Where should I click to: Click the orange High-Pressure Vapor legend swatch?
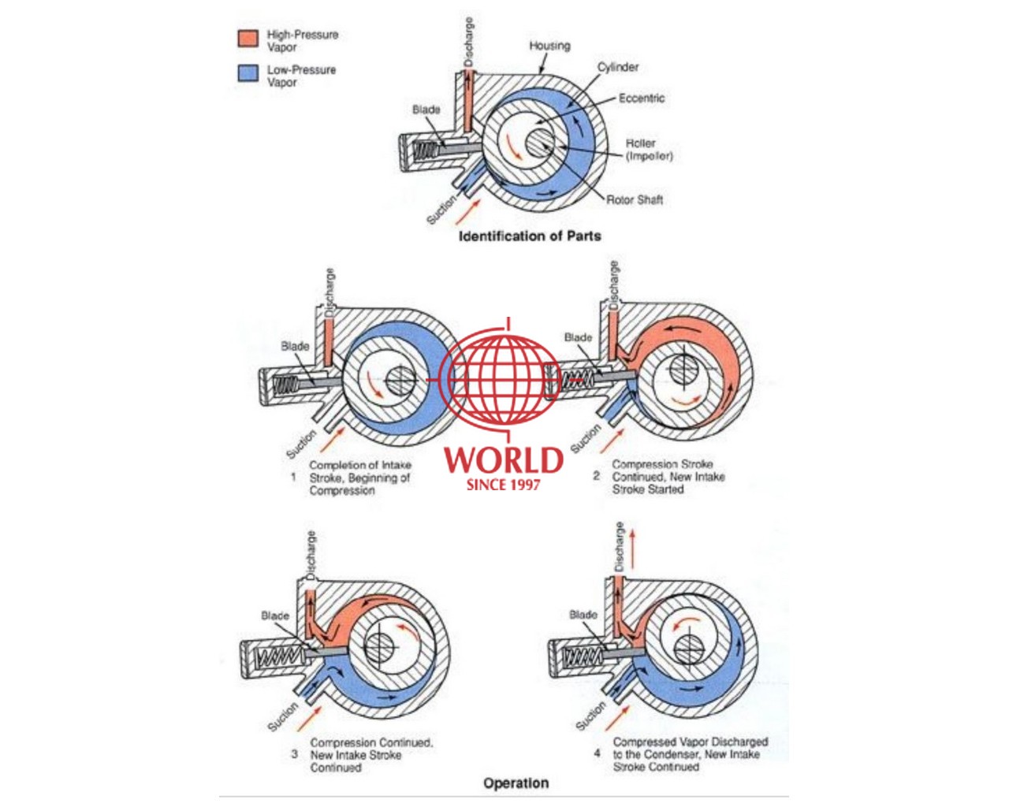248,39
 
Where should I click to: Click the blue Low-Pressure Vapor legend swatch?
248,73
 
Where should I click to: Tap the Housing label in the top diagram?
549,46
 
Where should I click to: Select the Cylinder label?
617,67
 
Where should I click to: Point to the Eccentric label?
642,98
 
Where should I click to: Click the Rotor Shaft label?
635,199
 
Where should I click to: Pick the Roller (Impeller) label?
650,150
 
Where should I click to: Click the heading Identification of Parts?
530,236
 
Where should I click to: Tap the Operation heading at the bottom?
516,783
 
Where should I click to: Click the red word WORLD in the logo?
504,460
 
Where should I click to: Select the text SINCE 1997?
503,485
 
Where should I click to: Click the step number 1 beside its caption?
293,478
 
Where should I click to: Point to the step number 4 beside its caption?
597,753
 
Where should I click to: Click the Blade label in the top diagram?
426,110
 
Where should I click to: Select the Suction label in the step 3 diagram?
282,717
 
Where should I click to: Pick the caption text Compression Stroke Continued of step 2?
662,470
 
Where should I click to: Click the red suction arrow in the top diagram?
468,211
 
